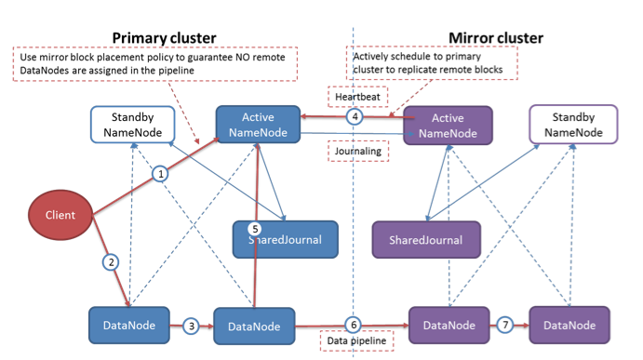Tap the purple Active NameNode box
[448, 125]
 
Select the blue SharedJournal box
[283, 239]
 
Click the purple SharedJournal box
[425, 239]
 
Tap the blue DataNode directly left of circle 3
[129, 325]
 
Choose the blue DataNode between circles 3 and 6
[254, 327]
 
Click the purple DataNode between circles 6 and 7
[449, 326]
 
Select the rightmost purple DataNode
[569, 326]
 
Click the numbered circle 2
[112, 262]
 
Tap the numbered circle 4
[354, 117]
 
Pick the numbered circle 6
[353, 325]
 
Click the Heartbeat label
[352, 97]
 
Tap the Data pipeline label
[353, 341]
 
